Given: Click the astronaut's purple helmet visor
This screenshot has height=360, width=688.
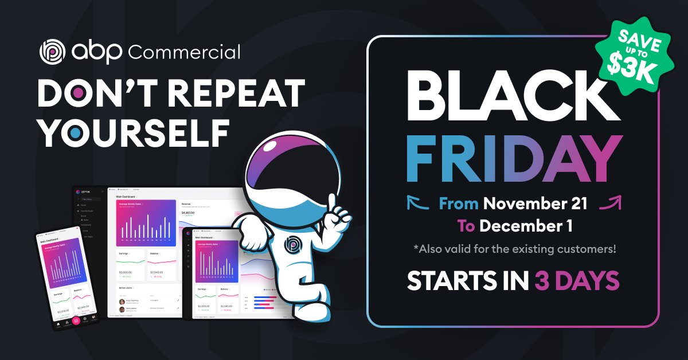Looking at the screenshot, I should pos(287,170).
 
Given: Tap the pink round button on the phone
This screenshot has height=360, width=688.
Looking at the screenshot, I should pos(76,320).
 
